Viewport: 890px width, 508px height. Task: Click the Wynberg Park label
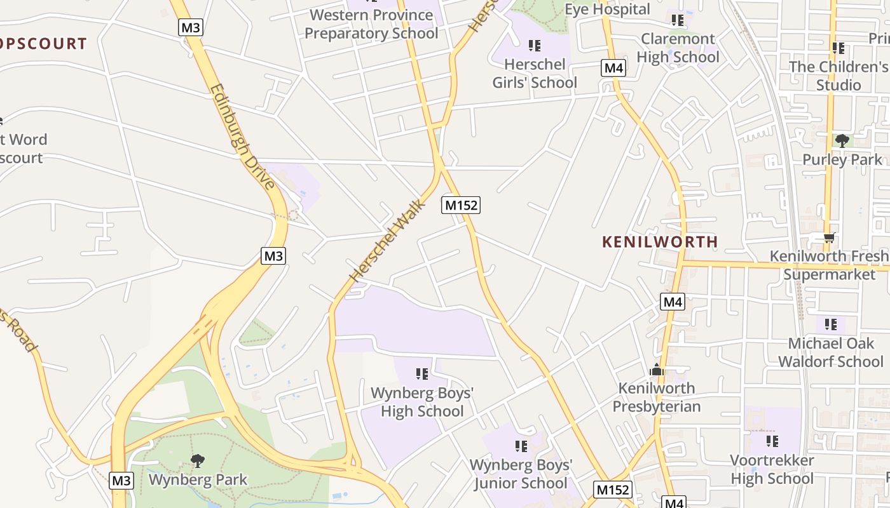tap(198, 479)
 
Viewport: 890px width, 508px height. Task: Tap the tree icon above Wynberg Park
tap(198, 461)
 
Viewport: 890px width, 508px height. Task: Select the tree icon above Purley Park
tap(842, 140)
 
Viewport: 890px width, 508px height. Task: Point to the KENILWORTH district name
tap(660, 242)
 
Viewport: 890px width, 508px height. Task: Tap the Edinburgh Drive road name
tap(242, 137)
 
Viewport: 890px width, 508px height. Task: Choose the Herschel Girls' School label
tap(535, 74)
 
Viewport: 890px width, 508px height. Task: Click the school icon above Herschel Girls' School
tap(535, 46)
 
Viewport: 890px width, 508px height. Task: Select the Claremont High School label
tap(678, 48)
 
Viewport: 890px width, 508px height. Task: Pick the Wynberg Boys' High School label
tap(422, 402)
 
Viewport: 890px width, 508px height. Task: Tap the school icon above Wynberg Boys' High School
tap(422, 374)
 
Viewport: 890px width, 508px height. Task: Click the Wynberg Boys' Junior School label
tap(521, 474)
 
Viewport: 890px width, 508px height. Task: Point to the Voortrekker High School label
tap(772, 469)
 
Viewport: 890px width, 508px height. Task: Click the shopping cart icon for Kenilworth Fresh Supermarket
tap(829, 238)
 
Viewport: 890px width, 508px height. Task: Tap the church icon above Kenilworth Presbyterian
tap(657, 370)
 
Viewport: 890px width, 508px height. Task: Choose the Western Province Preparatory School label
tap(372, 23)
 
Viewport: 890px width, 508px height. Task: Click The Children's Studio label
tap(839, 76)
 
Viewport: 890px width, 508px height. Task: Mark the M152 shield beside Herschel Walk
tap(461, 205)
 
